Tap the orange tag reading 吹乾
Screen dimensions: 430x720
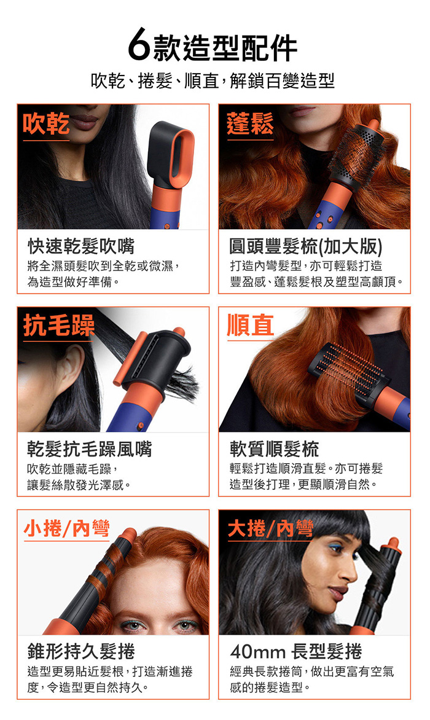click(x=46, y=123)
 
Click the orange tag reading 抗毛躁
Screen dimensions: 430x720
click(x=59, y=326)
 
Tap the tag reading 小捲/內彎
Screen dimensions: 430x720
click(x=66, y=528)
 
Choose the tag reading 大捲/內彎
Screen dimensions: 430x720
click(x=270, y=528)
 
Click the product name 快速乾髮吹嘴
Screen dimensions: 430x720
click(x=81, y=246)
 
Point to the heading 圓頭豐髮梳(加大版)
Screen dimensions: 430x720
click(x=306, y=246)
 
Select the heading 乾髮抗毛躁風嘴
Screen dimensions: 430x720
click(x=90, y=448)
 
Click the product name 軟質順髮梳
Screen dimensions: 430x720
click(x=275, y=448)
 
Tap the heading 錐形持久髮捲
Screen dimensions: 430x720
click(x=81, y=651)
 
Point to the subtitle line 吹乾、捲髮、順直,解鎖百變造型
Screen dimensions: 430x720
click(x=213, y=81)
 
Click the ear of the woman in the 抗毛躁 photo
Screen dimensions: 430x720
click(x=72, y=367)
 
